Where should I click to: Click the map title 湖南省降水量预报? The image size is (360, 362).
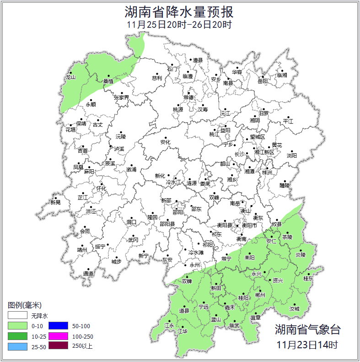pyautogui.click(x=179, y=11)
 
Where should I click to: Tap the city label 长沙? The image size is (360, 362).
pyautogui.click(x=239, y=154)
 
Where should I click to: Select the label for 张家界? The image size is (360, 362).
pyautogui.click(x=122, y=97)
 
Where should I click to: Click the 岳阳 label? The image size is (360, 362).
pyautogui.click(x=263, y=81)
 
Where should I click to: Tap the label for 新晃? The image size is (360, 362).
pyautogui.click(x=55, y=202)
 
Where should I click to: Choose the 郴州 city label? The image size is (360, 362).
pyautogui.click(x=260, y=295)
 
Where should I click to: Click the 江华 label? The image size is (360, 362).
pyautogui.click(x=183, y=331)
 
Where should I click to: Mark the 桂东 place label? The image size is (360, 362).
pyautogui.click(x=309, y=278)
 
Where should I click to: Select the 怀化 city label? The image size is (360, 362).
pyautogui.click(x=101, y=189)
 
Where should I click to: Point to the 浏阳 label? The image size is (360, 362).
pyautogui.click(x=291, y=156)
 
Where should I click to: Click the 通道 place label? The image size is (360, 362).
pyautogui.click(x=88, y=274)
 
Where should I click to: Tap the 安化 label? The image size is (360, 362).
pyautogui.click(x=165, y=142)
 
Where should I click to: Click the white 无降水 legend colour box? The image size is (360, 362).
pyautogui.click(x=17, y=316)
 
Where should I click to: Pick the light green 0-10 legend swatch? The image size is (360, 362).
pyautogui.click(x=17, y=326)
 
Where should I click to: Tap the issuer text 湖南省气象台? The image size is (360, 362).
pyautogui.click(x=307, y=330)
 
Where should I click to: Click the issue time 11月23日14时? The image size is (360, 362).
pyautogui.click(x=307, y=344)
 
